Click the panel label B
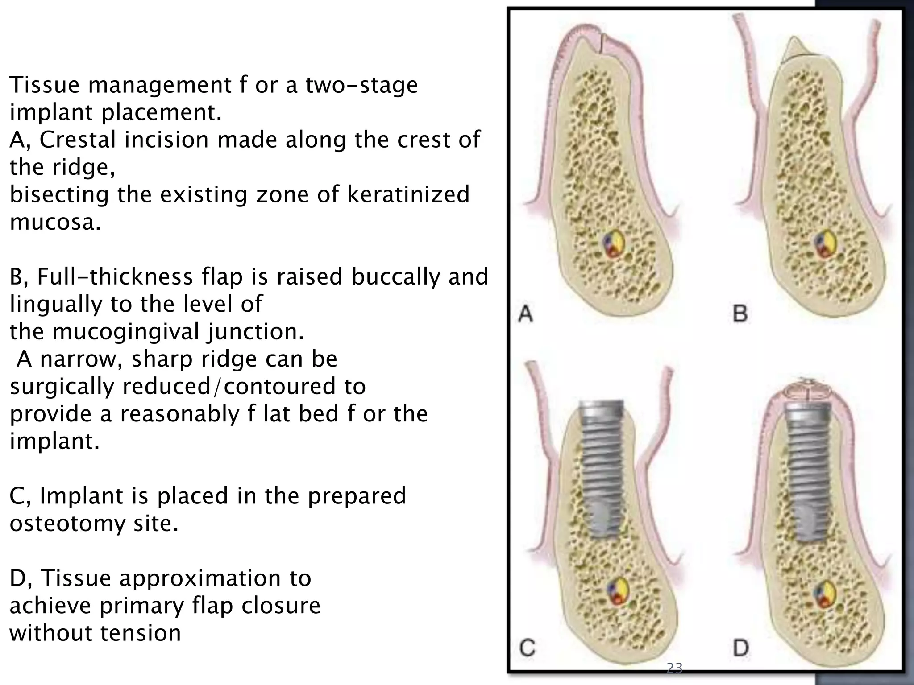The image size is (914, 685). pyautogui.click(x=740, y=313)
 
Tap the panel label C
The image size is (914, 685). pyautogui.click(x=528, y=648)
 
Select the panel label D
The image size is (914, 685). pyautogui.click(x=741, y=648)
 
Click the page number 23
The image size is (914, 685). pyautogui.click(x=674, y=668)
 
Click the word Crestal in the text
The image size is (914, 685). pyautogui.click(x=79, y=140)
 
